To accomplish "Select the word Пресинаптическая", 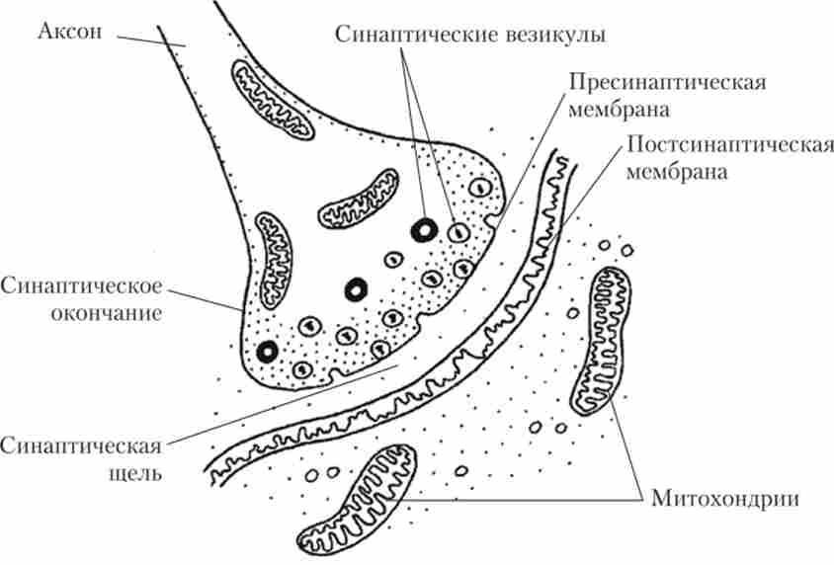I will point(668,81).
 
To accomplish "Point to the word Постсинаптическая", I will point(727,147).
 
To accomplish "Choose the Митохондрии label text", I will point(724,497).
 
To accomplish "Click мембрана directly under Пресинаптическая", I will point(614,107).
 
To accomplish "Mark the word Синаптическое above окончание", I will point(81,287).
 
